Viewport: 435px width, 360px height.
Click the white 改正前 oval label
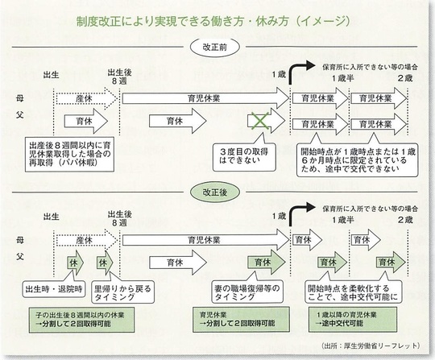coord(215,48)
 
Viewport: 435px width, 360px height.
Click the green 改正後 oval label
coord(215,192)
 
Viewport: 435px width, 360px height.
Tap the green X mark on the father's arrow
coord(259,121)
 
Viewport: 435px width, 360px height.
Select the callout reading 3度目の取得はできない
coord(244,156)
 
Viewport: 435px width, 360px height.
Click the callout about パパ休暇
coord(69,154)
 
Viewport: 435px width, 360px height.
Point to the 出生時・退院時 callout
coord(54,289)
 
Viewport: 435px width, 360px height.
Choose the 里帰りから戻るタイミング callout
coord(122,292)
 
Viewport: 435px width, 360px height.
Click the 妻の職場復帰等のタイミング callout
coord(247,292)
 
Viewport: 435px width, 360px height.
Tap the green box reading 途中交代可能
coord(352,319)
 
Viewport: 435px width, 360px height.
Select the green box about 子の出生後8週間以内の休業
coord(81,320)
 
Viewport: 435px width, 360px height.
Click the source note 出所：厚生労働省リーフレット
coord(371,346)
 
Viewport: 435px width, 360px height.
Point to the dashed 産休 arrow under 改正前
coord(86,99)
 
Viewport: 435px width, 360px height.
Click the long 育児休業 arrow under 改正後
coord(205,240)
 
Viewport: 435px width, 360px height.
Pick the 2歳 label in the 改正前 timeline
coord(405,78)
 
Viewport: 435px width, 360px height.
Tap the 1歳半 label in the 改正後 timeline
coord(343,220)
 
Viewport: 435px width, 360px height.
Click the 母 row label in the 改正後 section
coord(19,241)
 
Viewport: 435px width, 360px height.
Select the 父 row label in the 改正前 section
coord(19,114)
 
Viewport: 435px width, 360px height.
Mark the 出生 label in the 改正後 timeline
coord(51,217)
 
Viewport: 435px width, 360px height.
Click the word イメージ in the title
coord(322,22)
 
